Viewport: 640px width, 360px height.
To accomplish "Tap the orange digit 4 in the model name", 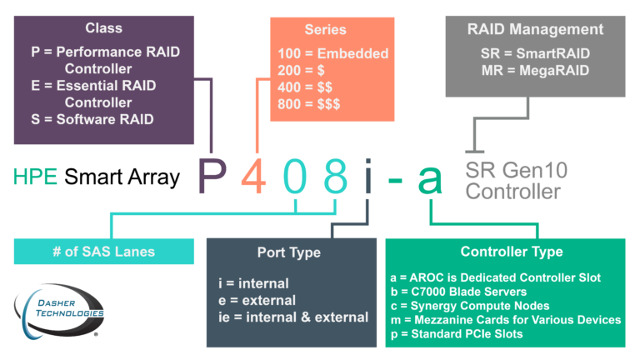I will [253, 177].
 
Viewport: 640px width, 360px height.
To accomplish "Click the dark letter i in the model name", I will [367, 177].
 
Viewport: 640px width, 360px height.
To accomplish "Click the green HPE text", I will [36, 177].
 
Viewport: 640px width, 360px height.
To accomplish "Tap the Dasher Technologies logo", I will [58, 312].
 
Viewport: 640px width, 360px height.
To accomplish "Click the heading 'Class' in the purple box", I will [103, 28].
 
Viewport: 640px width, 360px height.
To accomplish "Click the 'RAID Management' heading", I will [535, 29].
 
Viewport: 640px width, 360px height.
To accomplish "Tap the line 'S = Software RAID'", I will [92, 120].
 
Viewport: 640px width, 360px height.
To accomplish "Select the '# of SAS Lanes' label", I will [96, 252].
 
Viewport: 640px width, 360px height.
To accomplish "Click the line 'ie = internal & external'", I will [292, 317].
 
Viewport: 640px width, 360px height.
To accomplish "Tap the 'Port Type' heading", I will [288, 252].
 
